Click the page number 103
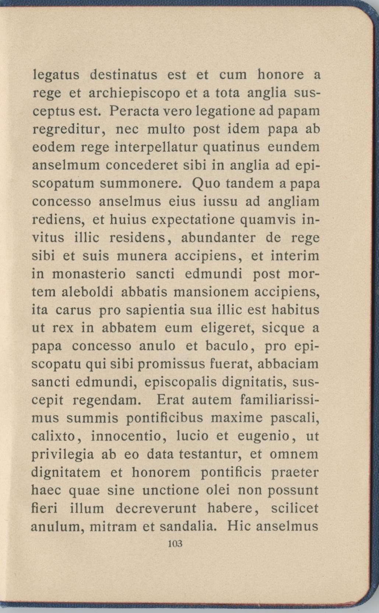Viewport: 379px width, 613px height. click(175, 544)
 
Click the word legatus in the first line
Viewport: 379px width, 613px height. click(56, 75)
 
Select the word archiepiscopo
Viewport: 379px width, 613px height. click(134, 94)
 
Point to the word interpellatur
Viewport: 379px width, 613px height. click(157, 148)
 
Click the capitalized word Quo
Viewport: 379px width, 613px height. click(204, 184)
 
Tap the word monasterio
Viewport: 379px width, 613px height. click(89, 274)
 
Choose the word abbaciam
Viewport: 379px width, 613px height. click(288, 364)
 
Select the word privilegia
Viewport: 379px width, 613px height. click(63, 455)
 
